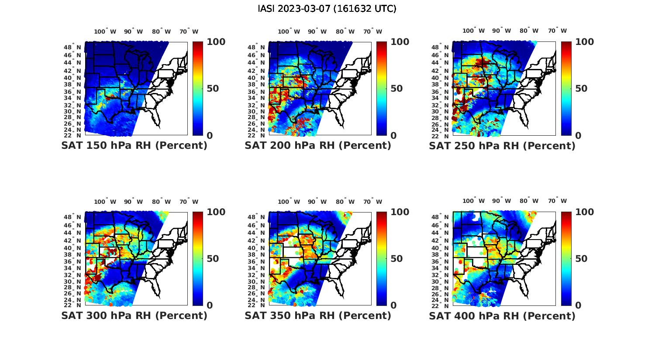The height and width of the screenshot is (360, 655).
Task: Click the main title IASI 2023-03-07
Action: (327, 9)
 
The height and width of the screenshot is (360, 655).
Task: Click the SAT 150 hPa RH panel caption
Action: (134, 146)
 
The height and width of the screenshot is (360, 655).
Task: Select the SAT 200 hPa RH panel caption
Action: (318, 146)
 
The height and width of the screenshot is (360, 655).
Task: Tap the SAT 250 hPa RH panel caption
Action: (502, 146)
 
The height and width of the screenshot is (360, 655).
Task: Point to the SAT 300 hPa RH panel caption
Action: (134, 315)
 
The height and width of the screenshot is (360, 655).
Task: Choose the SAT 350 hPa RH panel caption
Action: (318, 315)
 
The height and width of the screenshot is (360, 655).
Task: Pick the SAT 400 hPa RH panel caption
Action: (502, 315)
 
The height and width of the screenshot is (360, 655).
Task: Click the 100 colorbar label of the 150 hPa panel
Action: (216, 42)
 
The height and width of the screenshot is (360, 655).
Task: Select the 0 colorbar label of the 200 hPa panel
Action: (393, 136)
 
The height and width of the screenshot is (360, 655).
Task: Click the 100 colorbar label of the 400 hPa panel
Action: (585, 212)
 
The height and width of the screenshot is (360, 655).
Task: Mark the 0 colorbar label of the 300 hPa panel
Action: (210, 305)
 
